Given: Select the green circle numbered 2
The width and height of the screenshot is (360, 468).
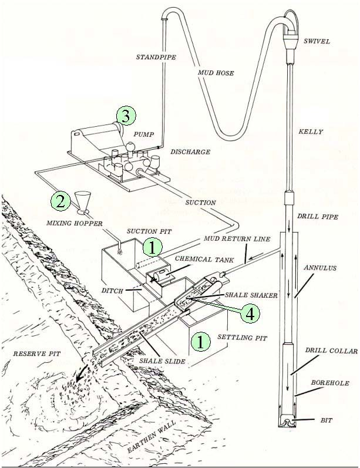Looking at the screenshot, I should [x=59, y=201].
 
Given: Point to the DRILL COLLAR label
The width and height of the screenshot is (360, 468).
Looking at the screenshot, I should [x=331, y=351].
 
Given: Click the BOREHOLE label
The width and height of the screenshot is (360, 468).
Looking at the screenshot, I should [x=331, y=383].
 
